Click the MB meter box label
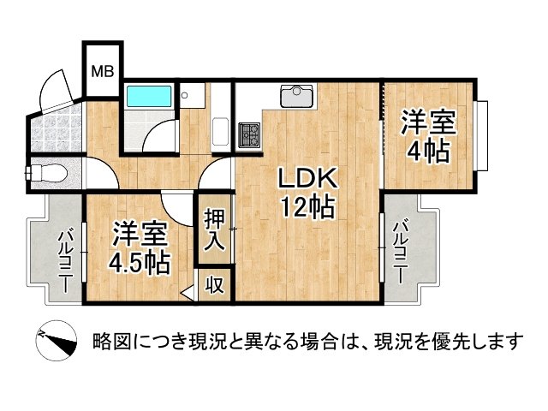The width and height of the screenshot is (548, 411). [x=104, y=71]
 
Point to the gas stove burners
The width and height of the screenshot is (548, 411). [x=249, y=134]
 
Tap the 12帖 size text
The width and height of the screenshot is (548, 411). [x=306, y=206]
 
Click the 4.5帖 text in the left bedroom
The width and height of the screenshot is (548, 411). [x=138, y=260]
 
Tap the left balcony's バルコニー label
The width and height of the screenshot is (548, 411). [x=64, y=259]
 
